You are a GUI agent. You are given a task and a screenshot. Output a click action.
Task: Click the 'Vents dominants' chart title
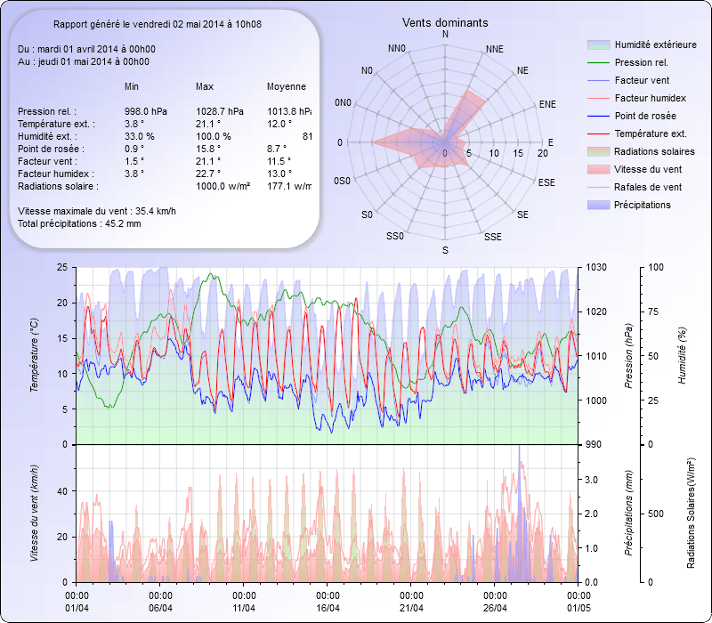(x=445, y=22)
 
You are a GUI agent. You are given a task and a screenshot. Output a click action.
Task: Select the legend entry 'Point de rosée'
(x=644, y=117)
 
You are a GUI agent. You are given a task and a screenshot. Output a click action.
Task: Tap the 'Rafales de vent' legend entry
(x=648, y=187)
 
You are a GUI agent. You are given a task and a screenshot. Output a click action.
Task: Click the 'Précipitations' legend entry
(x=643, y=205)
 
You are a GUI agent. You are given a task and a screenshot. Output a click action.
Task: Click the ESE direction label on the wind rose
(x=548, y=182)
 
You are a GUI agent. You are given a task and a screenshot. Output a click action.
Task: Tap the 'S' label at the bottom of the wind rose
(x=445, y=250)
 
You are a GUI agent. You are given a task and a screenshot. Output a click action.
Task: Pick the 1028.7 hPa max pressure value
(x=220, y=111)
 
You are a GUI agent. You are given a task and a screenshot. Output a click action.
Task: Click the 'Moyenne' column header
(x=287, y=87)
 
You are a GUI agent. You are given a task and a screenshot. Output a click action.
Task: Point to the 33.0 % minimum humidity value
(x=140, y=136)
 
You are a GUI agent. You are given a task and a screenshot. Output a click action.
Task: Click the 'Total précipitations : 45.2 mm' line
(x=79, y=223)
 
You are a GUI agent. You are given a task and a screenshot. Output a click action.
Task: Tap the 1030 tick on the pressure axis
(x=596, y=267)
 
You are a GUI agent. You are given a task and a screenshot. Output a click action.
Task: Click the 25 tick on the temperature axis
(x=61, y=267)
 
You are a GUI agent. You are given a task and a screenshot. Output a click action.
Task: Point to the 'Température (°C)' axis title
(x=34, y=356)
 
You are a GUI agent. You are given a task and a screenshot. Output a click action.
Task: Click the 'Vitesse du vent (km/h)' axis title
(x=34, y=513)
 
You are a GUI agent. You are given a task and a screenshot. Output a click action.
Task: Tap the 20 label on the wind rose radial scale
(x=541, y=153)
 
